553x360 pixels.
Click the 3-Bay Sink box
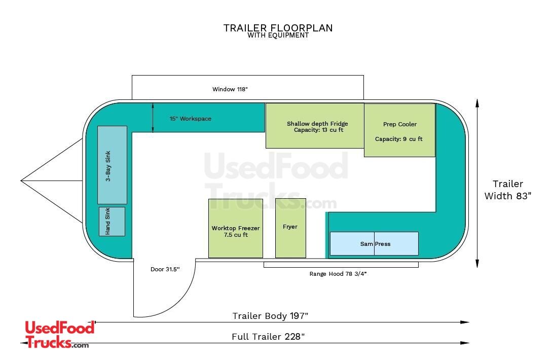pyautogui.click(x=112, y=165)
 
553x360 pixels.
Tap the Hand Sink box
pyautogui.click(x=112, y=221)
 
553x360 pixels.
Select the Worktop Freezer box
pyautogui.click(x=236, y=228)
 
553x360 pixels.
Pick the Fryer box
pyautogui.click(x=290, y=228)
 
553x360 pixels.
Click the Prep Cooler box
pyautogui.click(x=399, y=130)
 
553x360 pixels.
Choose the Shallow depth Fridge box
pyautogui.click(x=315, y=126)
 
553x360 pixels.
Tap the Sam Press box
pyautogui.click(x=374, y=243)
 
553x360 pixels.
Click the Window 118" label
pyautogui.click(x=230, y=89)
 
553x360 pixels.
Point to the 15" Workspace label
pyautogui.click(x=191, y=119)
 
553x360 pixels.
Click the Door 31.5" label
pyautogui.click(x=165, y=269)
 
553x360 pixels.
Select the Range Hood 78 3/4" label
pyautogui.click(x=338, y=274)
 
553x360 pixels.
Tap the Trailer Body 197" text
pyautogui.click(x=270, y=316)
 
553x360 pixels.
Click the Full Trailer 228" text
pyautogui.click(x=268, y=337)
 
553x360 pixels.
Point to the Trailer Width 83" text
pyautogui.click(x=508, y=190)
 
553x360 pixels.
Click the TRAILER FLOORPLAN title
pyautogui.click(x=278, y=28)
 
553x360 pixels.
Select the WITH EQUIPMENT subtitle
pyautogui.click(x=278, y=35)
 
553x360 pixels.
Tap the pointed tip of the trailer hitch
pyautogui.click(x=21, y=181)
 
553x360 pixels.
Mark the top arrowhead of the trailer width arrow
pyautogui.click(x=477, y=102)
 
